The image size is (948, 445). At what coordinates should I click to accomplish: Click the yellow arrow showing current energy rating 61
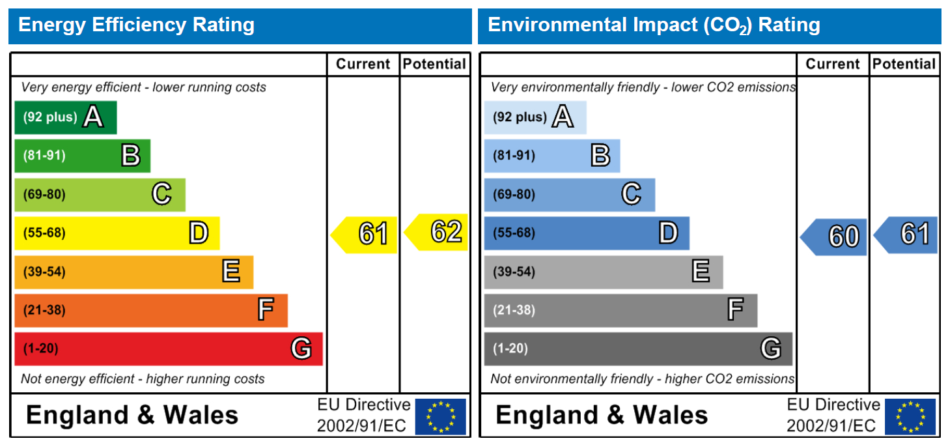(x=364, y=235)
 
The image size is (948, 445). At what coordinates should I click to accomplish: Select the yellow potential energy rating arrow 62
(x=436, y=232)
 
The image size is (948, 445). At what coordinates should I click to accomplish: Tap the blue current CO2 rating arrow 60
(x=833, y=237)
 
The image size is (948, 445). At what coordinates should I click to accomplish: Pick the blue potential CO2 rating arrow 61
(x=906, y=235)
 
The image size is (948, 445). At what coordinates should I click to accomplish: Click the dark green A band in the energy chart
(x=66, y=117)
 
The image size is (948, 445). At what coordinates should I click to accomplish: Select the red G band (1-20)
(x=169, y=349)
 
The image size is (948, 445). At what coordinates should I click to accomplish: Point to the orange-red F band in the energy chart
(x=151, y=310)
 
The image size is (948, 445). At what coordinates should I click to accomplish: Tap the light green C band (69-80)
(x=100, y=195)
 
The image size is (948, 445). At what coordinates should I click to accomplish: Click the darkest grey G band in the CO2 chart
(x=638, y=349)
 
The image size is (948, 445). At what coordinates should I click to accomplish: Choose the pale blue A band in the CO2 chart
(x=535, y=117)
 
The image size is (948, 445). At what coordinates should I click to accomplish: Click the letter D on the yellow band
(x=199, y=233)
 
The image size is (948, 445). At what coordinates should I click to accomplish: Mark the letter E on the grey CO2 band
(x=701, y=271)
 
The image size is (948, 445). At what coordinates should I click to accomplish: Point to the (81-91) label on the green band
(x=44, y=155)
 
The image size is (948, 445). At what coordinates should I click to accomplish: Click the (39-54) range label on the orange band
(x=44, y=272)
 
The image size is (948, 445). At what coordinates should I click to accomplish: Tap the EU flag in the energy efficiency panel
(x=440, y=416)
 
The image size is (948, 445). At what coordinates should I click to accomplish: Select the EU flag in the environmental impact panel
(x=910, y=416)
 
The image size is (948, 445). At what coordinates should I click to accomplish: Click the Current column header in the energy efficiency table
(x=363, y=64)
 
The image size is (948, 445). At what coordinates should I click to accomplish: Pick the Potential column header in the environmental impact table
(x=904, y=64)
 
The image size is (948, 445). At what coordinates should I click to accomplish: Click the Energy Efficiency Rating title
(x=136, y=25)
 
